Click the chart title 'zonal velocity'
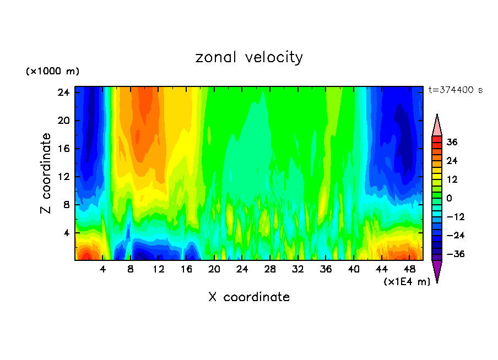(249, 57)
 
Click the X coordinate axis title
(249, 297)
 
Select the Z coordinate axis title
(46, 173)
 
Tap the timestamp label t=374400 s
(455, 90)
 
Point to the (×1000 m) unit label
(52, 72)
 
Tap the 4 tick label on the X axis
(103, 270)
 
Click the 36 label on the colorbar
(452, 143)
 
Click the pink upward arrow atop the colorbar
(437, 125)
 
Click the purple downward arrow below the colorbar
(437, 271)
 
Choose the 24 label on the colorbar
(452, 161)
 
